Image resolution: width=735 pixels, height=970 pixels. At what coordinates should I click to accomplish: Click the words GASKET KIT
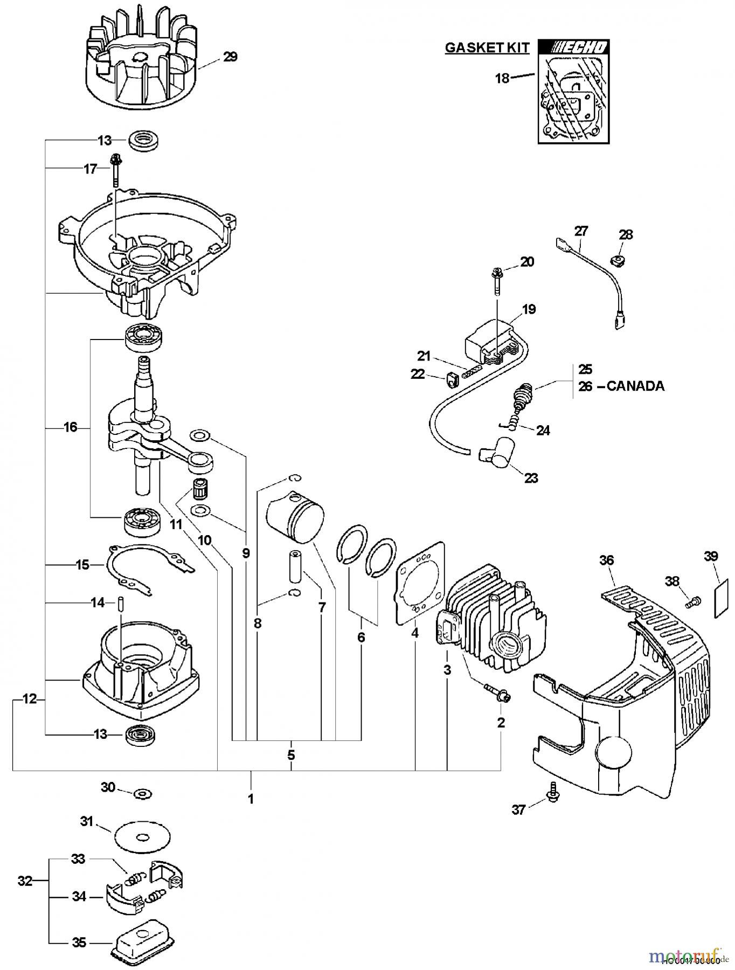487,47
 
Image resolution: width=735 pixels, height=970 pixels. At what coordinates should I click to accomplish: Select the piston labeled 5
296,518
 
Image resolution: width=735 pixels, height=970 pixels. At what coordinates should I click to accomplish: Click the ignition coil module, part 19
492,341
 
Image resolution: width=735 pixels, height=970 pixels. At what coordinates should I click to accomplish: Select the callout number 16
71,427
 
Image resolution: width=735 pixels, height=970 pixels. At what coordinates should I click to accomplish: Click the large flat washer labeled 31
143,837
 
